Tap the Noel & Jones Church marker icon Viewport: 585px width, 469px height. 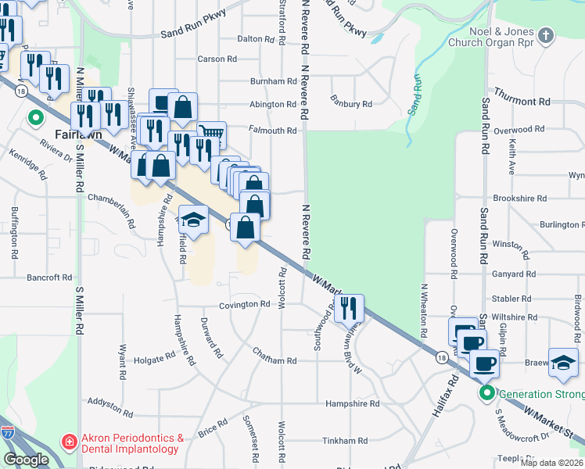tap(546, 34)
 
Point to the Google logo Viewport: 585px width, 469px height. tap(26, 460)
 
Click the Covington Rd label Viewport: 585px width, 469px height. tap(243, 304)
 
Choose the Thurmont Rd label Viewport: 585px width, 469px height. tap(522, 102)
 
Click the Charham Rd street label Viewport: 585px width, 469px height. tap(275, 360)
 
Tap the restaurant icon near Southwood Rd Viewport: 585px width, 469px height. tap(350, 306)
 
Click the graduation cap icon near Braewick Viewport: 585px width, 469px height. tap(563, 362)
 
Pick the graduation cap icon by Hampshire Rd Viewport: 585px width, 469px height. tap(194, 219)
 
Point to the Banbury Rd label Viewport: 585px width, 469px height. tap(350, 103)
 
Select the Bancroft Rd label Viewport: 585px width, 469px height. tap(49, 277)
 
